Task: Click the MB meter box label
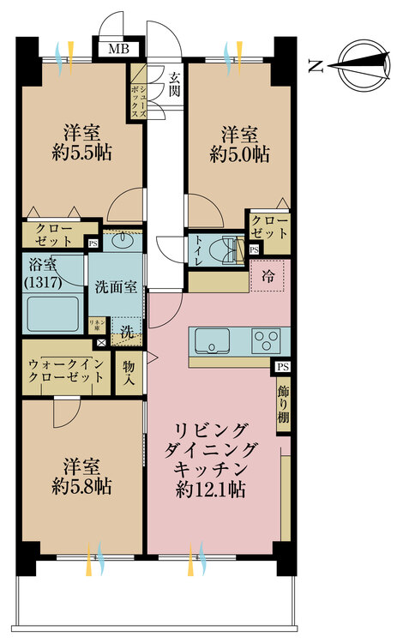[x=118, y=48]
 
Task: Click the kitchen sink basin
[x=213, y=340]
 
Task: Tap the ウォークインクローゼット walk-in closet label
[x=63, y=371]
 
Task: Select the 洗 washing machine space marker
[x=125, y=328]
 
